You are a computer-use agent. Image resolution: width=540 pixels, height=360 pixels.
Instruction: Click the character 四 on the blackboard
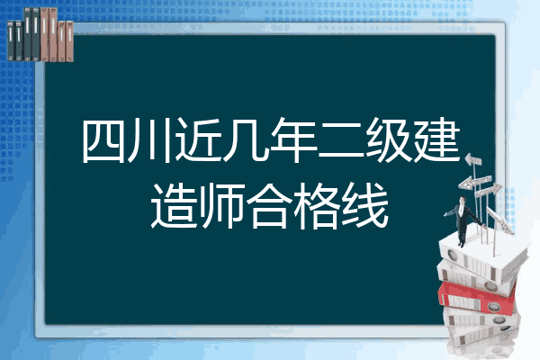coord(103,140)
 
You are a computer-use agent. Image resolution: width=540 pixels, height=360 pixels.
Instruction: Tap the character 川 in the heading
coord(149,140)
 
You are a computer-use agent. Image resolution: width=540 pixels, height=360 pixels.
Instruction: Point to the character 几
coord(246,140)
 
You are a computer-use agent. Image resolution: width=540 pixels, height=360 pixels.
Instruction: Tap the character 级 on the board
coord(388,140)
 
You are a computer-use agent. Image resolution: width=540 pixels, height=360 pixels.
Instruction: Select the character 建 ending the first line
coord(436,140)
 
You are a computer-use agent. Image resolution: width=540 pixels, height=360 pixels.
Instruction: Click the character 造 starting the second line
coord(175,206)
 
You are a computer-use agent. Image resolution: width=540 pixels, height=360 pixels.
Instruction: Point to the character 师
coord(221,206)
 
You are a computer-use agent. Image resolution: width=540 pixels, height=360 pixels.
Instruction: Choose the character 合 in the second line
coord(270,206)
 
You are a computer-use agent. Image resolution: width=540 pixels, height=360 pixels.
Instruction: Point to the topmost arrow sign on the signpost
coord(472,160)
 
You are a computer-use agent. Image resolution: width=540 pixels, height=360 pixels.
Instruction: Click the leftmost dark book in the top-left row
coord(11,40)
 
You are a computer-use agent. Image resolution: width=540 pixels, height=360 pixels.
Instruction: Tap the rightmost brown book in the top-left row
coord(69,41)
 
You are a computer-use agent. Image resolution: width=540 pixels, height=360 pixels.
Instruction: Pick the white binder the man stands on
coord(482,256)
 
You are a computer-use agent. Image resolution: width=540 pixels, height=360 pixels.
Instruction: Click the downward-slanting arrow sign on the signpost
coord(499,220)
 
